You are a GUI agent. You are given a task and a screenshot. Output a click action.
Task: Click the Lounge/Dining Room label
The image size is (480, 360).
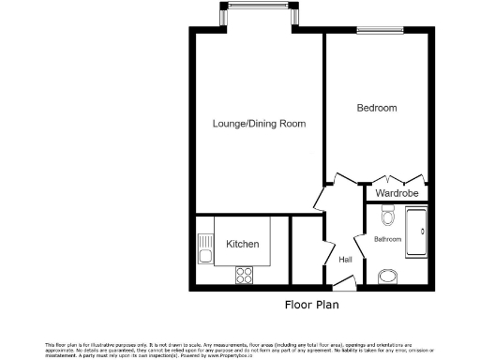[259, 124]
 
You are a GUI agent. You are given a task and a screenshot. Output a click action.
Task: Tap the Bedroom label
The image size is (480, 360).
[377, 109]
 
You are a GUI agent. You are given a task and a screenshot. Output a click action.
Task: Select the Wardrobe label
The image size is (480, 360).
[397, 193]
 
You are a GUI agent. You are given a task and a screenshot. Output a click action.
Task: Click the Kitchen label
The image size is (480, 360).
[242, 245]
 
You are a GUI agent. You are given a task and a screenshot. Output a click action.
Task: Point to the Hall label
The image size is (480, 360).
[345, 260]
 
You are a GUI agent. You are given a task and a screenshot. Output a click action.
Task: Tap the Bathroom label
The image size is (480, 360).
[387, 240]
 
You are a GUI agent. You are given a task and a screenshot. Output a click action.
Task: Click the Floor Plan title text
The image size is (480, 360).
[312, 306]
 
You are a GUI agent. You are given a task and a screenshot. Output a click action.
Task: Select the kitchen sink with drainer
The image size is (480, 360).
[205, 249]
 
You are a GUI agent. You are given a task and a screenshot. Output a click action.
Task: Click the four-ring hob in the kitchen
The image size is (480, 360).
[245, 275]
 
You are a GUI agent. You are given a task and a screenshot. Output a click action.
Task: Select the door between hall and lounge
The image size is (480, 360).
[321, 198]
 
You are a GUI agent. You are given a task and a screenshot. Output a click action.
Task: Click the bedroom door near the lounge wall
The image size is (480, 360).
[338, 178]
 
